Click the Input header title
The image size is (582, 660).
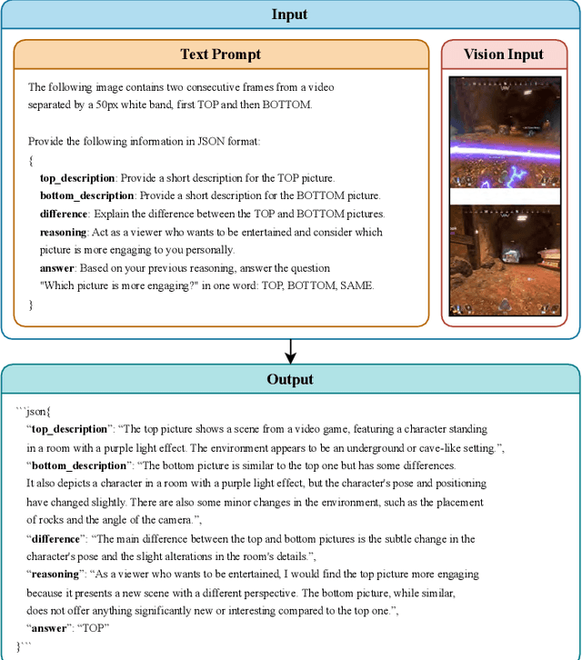[289, 15]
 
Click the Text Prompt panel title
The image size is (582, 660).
[221, 55]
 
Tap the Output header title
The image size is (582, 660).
[290, 379]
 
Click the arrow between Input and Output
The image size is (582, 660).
[290, 350]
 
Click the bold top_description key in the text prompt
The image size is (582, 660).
[77, 178]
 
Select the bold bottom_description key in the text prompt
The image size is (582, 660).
[87, 196]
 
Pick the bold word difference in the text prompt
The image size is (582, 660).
[64, 215]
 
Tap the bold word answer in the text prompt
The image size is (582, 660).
[57, 269]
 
